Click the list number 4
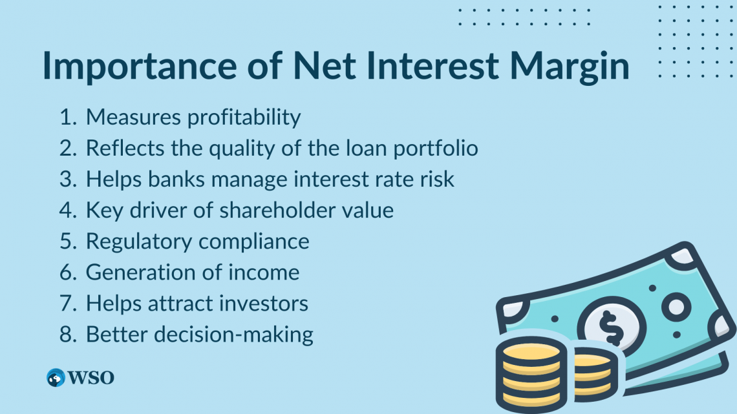tap(68, 210)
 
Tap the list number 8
tap(68, 334)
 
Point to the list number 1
tap(68, 117)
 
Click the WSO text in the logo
tap(91, 378)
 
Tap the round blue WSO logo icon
tap(56, 378)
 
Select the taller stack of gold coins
tap(531, 378)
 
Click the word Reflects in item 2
tap(122, 148)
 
